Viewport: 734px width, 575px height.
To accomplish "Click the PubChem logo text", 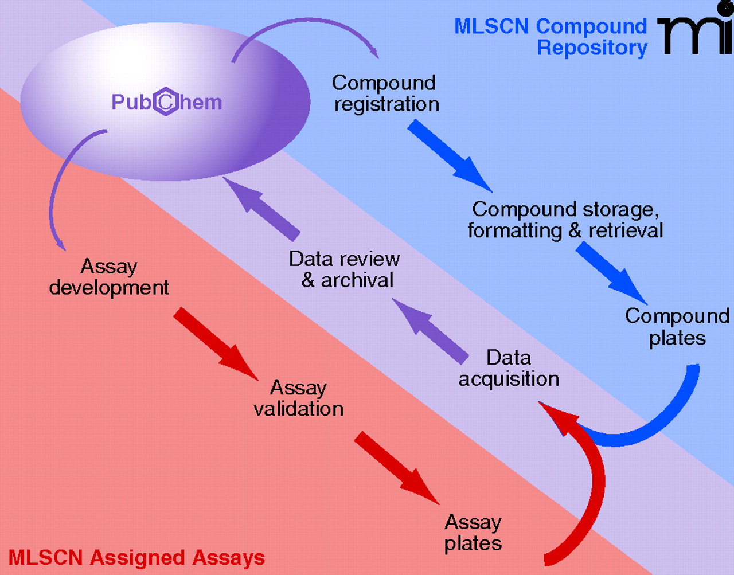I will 166,103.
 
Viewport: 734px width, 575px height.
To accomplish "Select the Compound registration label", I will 385,93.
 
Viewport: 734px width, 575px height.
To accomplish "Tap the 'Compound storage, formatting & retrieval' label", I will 565,220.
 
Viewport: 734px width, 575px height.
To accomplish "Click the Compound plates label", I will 677,327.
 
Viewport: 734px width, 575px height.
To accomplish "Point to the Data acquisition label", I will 509,368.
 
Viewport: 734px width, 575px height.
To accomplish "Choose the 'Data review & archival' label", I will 345,269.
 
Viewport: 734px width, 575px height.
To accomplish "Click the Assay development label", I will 109,277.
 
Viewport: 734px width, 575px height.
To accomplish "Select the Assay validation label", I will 299,398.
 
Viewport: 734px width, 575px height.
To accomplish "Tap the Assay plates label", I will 473,533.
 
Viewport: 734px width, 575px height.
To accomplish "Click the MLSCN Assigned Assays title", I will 136,558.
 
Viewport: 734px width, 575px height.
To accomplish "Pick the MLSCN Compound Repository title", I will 550,37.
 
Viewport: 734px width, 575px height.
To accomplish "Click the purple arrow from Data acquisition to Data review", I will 438,331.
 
